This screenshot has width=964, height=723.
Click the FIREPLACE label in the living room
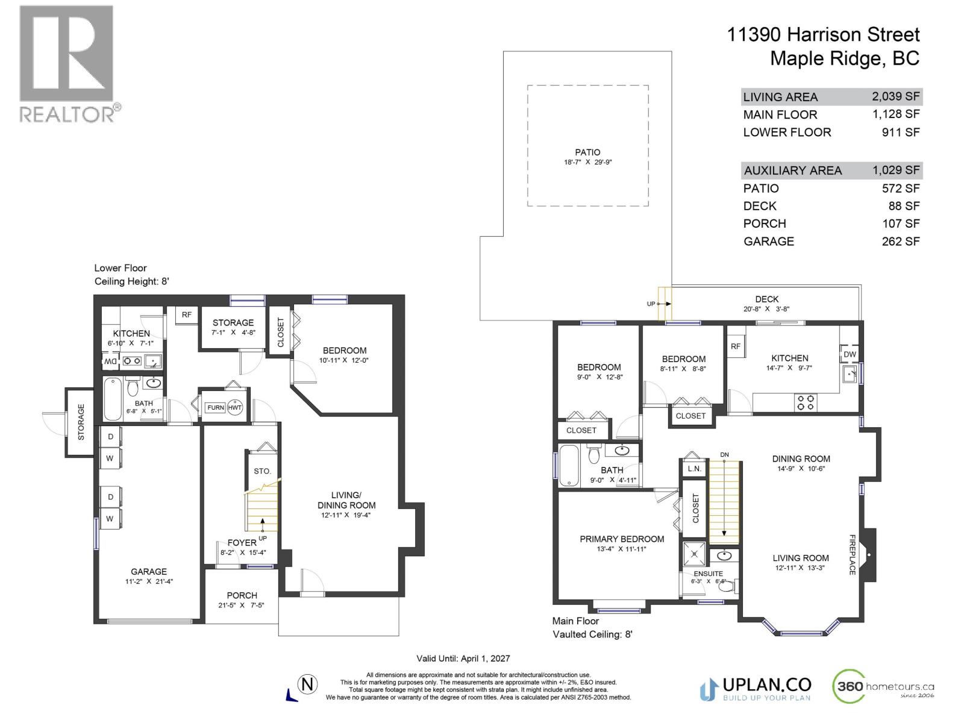(853, 554)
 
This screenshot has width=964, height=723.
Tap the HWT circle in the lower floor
(234, 408)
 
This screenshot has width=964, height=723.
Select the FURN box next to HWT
(215, 408)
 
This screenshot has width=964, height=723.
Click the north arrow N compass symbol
(308, 684)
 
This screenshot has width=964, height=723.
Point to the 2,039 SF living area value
(895, 96)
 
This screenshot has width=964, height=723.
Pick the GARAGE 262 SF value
(901, 241)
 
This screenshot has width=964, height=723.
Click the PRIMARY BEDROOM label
(622, 539)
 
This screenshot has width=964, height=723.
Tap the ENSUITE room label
(708, 574)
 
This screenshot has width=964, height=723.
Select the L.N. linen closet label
(694, 469)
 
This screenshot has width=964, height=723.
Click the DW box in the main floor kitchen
(850, 354)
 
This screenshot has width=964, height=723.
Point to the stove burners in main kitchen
(807, 402)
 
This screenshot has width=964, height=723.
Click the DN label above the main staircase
(724, 454)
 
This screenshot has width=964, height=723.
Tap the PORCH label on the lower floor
(242, 595)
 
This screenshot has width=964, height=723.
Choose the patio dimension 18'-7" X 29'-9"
(587, 162)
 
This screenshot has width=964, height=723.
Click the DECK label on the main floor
(766, 299)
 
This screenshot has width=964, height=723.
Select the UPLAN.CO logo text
(766, 685)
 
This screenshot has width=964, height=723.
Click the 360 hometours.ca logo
(883, 687)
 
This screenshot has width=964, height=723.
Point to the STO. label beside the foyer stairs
(262, 471)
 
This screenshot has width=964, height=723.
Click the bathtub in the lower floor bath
(113, 399)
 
